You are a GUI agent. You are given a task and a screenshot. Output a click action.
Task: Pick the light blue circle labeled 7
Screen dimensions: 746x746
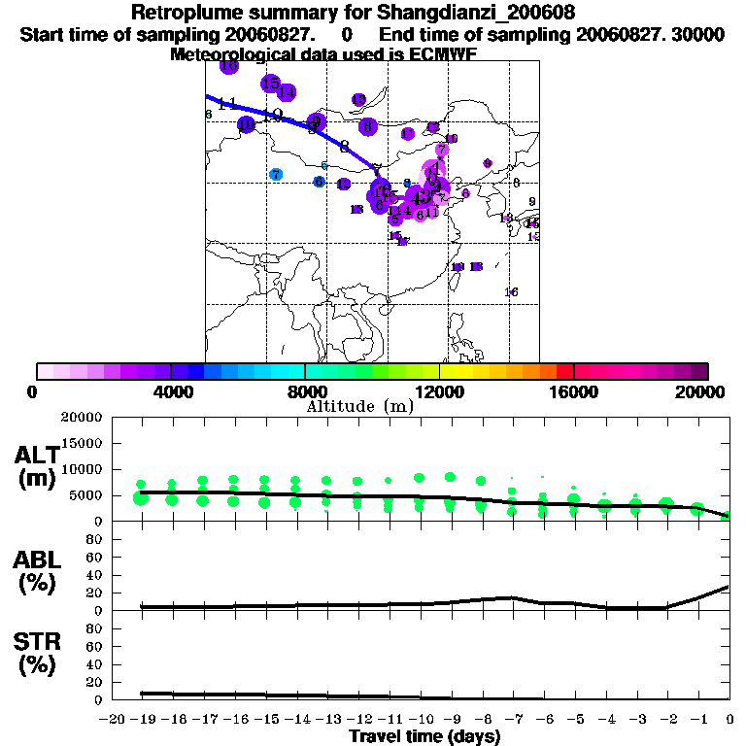click(x=276, y=174)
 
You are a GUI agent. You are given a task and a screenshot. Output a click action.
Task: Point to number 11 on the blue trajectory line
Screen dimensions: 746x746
click(x=227, y=103)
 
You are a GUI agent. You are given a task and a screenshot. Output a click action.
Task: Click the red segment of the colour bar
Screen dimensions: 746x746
click(x=564, y=371)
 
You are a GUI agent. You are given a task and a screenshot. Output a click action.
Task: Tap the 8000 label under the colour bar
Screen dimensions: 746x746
click(x=305, y=391)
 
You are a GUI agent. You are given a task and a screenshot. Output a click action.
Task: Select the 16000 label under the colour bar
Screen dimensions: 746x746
click(x=574, y=391)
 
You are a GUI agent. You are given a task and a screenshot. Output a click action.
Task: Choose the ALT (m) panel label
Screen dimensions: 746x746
click(x=39, y=465)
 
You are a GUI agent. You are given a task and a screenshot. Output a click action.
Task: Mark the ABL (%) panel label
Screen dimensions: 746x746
click(x=39, y=572)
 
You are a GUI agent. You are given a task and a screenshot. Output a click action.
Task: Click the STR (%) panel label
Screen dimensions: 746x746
click(x=39, y=653)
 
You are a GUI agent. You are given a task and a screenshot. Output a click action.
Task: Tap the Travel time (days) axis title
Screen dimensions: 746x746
click(x=424, y=736)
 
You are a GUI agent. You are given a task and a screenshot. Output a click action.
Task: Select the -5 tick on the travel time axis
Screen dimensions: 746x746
click(x=576, y=719)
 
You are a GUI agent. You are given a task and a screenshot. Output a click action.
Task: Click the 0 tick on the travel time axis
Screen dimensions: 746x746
click(x=729, y=719)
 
